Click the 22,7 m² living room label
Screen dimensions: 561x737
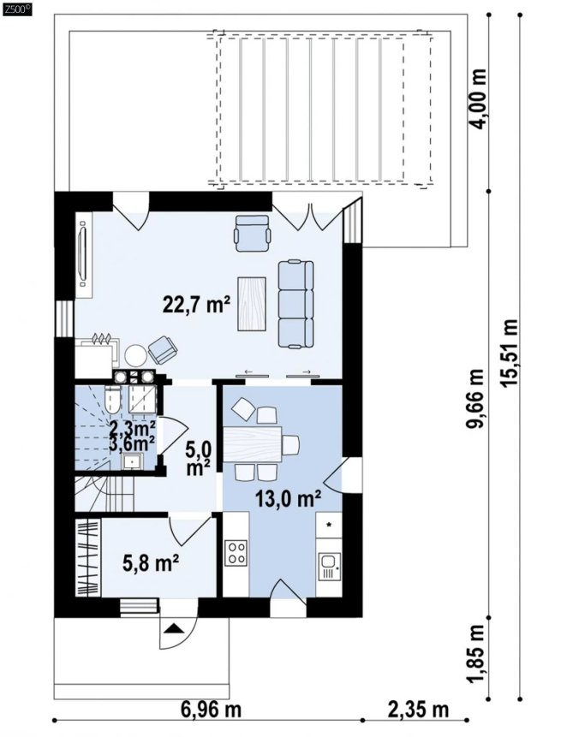(x=196, y=305)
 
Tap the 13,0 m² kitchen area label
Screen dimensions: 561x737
(x=289, y=499)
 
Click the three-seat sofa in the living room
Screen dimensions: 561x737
(x=295, y=304)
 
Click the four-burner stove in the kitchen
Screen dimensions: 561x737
(x=236, y=552)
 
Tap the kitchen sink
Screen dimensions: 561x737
(x=329, y=567)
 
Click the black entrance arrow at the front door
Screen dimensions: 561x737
(x=174, y=628)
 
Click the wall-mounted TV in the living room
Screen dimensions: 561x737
(x=84, y=255)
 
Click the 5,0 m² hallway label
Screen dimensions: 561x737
(x=198, y=458)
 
